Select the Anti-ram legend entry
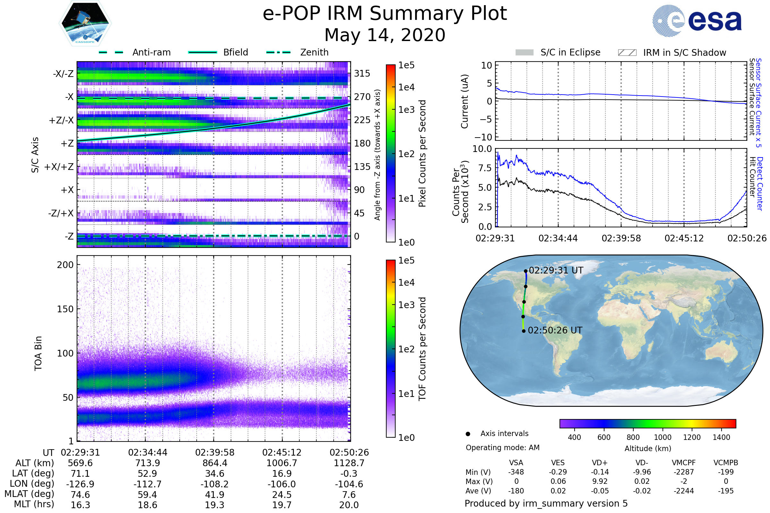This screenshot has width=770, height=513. (151, 52)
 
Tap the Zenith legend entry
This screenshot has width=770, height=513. (314, 52)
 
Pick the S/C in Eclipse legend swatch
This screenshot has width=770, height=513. (524, 53)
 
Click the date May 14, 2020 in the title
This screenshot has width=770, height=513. (385, 35)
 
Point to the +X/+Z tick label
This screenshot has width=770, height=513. (59, 167)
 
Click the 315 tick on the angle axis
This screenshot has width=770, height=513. (362, 73)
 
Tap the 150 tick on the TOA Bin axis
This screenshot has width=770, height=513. (65, 309)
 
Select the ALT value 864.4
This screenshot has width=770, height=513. (215, 463)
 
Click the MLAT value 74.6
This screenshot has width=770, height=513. (80, 495)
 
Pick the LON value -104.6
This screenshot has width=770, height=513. (349, 484)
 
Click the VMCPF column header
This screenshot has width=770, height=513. (684, 463)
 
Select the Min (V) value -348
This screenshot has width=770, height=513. (516, 472)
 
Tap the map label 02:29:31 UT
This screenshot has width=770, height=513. (556, 271)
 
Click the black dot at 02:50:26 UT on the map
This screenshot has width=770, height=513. (524, 331)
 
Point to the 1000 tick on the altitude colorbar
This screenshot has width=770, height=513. (663, 437)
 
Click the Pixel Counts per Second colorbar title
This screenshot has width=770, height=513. (422, 153)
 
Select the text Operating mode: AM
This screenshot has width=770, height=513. (502, 448)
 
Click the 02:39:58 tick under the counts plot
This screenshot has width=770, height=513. (621, 238)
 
